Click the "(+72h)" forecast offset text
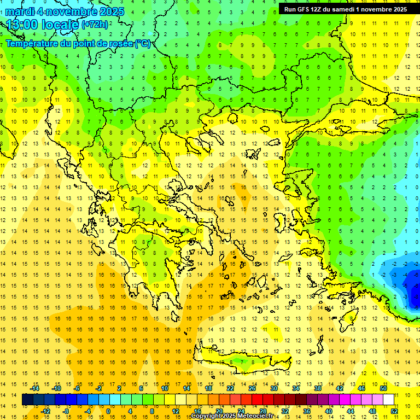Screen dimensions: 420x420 (94, 25)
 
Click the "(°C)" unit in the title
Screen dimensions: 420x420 (143, 44)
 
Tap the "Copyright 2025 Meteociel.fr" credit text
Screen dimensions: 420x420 (240, 416)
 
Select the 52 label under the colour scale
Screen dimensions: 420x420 (394, 411)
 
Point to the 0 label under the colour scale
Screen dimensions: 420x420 (108, 411)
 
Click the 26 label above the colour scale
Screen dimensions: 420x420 (252, 388)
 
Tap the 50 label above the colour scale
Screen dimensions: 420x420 (383, 388)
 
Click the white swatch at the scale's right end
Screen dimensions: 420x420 (388, 400)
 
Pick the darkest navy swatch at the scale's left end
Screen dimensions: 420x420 (28, 400)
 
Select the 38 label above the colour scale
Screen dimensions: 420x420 (317, 388)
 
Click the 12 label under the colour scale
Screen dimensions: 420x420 (176, 411)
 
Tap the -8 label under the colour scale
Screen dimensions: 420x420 (66, 411)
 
